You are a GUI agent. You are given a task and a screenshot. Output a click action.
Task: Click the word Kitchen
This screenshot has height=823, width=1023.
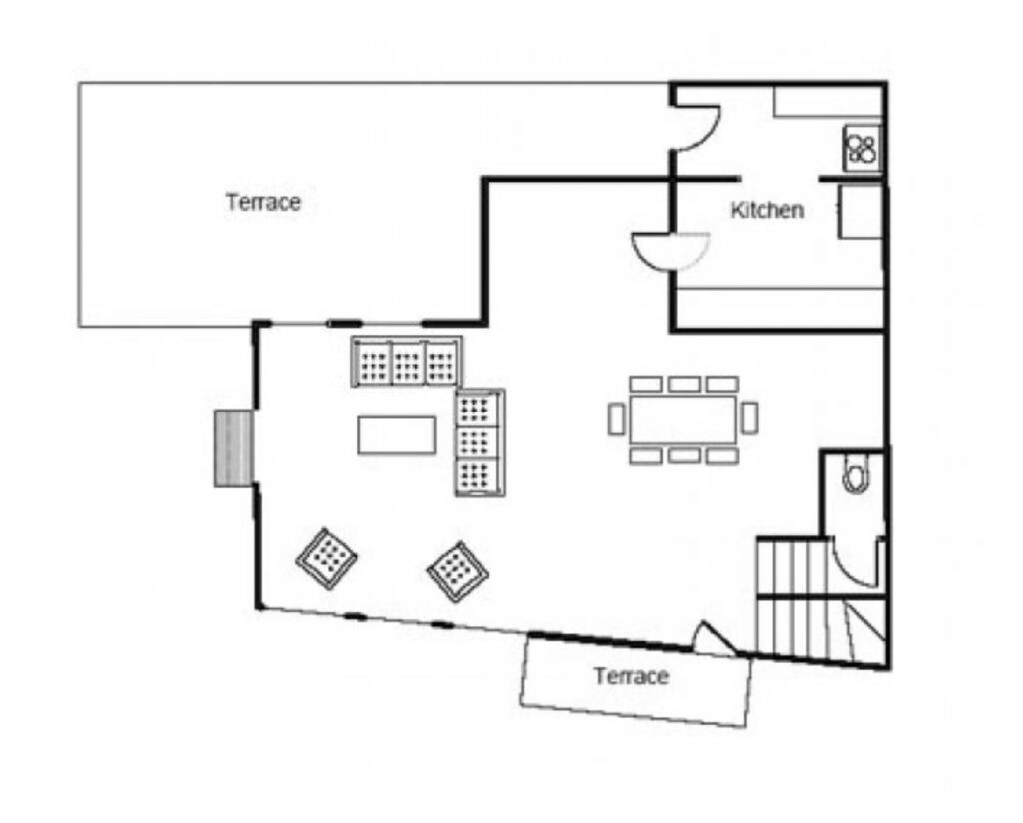pyautogui.click(x=767, y=210)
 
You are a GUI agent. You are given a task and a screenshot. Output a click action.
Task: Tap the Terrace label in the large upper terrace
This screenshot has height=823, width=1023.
pyautogui.click(x=263, y=202)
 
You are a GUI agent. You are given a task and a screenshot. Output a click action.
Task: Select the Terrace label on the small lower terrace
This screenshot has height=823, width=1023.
pyautogui.click(x=631, y=676)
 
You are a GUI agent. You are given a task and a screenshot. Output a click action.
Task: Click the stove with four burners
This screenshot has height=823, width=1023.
pyautogui.click(x=862, y=149)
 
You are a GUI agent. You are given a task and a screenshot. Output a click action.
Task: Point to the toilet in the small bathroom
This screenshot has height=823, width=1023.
pyautogui.click(x=856, y=474)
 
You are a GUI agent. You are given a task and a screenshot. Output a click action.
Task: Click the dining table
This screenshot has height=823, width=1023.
pyautogui.click(x=683, y=419)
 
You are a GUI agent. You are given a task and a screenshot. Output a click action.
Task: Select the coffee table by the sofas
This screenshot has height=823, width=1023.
pyautogui.click(x=396, y=435)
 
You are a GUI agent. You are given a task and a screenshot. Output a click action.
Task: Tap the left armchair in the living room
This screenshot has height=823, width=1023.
pyautogui.click(x=327, y=559)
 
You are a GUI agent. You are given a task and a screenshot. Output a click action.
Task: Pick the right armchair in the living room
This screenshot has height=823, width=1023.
pyautogui.click(x=458, y=572)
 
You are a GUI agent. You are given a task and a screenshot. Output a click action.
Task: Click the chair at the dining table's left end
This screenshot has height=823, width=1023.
pyautogui.click(x=616, y=418)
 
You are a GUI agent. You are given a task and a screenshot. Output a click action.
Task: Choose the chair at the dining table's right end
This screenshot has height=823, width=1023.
pyautogui.click(x=749, y=417)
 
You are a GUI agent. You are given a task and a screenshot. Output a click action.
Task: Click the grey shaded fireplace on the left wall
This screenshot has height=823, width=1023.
pyautogui.click(x=233, y=448)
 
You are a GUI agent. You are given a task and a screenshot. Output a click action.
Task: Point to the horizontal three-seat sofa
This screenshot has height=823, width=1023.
pyautogui.click(x=406, y=362)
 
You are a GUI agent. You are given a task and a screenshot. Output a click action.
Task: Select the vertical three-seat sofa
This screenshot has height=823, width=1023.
pyautogui.click(x=480, y=442)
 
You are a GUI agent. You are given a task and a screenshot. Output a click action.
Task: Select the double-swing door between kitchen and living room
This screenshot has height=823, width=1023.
pyautogui.click(x=673, y=251)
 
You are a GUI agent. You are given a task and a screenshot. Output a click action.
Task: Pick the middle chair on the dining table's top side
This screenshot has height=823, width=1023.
pyautogui.click(x=684, y=384)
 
